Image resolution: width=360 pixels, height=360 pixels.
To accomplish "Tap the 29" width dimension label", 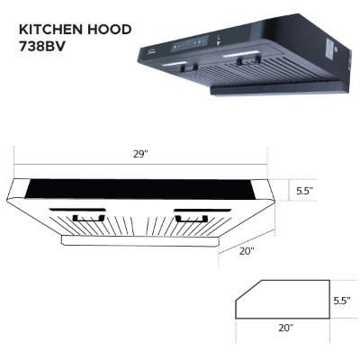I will click(140, 155).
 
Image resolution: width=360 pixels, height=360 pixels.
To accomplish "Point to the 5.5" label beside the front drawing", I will click(304, 191).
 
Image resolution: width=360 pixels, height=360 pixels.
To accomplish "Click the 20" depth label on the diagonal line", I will click(247, 251).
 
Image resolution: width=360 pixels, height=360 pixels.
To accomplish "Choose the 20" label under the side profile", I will click(285, 328).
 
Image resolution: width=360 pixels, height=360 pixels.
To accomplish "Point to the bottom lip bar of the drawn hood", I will click(140, 240).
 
